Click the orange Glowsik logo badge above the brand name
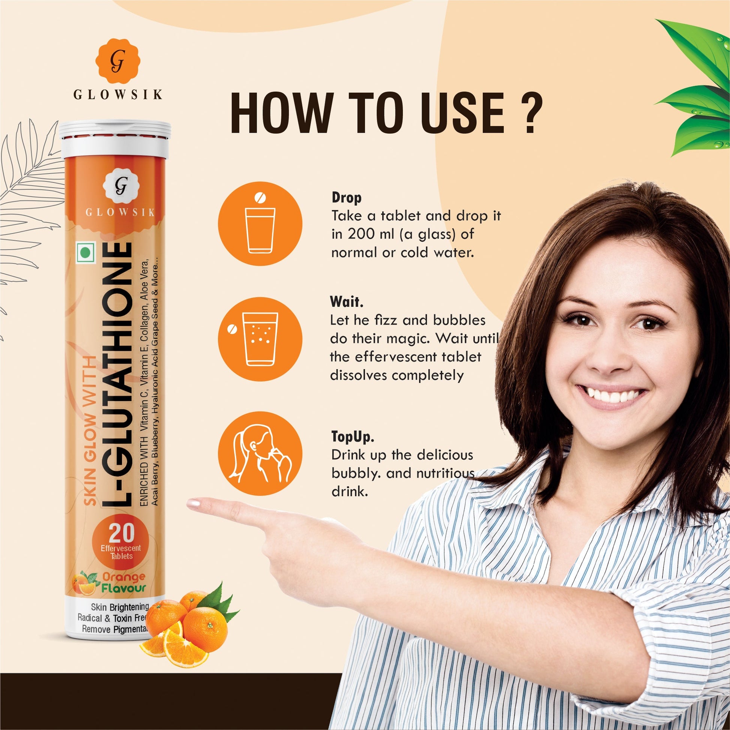point(117,61)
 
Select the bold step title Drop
point(347,197)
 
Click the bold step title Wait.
point(347,302)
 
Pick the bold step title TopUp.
point(353,436)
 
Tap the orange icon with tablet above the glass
point(260,224)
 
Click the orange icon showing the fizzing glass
point(260,339)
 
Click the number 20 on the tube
point(122,532)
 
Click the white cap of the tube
point(114,140)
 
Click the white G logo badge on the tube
point(121,186)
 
